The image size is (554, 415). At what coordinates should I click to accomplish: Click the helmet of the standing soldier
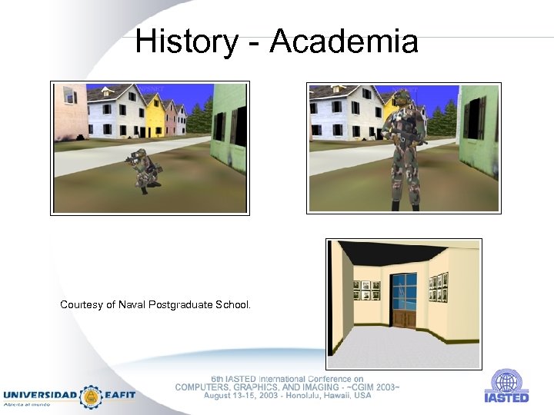[401, 98]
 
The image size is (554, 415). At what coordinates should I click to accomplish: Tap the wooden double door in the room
[403, 318]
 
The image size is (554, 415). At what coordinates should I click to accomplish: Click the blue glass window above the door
[403, 287]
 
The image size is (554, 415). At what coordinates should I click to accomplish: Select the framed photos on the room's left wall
[366, 290]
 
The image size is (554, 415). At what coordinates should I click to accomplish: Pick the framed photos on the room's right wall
[438, 287]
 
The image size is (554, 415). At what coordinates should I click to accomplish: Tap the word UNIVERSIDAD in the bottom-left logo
[40, 395]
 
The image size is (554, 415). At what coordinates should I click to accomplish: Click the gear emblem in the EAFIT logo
[92, 397]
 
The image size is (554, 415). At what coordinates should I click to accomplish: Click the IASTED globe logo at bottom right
[506, 382]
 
